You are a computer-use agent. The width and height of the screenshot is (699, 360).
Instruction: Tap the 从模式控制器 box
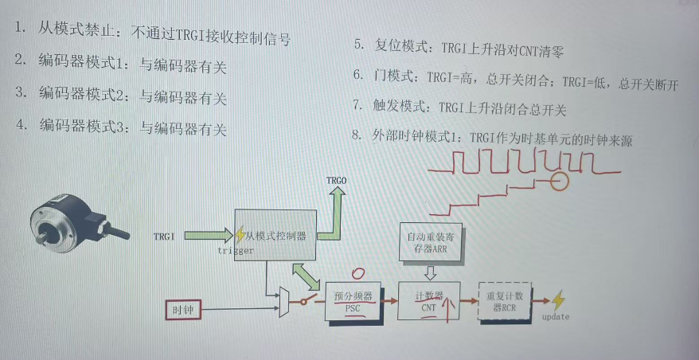point(275,236)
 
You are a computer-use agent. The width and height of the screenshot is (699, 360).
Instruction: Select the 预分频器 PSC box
point(353,302)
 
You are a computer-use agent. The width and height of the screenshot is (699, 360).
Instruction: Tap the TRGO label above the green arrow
point(337,182)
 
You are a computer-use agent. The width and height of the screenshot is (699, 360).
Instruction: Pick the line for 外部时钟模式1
point(494,137)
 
